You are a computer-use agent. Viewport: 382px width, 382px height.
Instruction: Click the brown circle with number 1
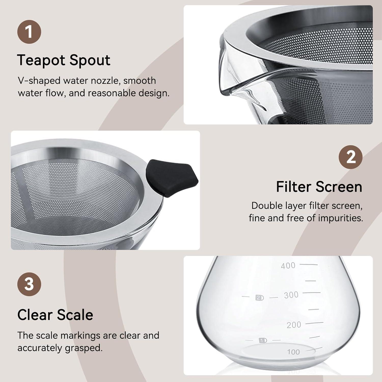pos(29,32)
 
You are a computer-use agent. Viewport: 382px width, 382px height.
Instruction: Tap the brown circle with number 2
pos(350,157)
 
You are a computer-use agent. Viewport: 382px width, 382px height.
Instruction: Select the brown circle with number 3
pos(29,284)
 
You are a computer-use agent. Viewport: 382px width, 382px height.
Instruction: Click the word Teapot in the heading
pos(41,60)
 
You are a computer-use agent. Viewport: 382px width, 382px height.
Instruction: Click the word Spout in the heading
pos(90,60)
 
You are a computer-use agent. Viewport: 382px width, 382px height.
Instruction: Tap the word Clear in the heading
pos(35,315)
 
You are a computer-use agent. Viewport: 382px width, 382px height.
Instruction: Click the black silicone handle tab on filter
pos(171,178)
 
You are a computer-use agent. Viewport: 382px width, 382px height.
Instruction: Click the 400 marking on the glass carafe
pos(288,266)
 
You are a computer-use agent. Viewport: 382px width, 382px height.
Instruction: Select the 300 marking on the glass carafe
pos(291,295)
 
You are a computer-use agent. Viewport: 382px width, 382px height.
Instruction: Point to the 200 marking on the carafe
pos(294,325)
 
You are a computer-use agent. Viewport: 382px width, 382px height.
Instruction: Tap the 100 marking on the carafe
pos(293,352)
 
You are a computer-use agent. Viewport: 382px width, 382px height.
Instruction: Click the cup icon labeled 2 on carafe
pos(260,298)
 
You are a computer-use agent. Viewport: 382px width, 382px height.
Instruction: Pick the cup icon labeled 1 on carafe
pos(263,340)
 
